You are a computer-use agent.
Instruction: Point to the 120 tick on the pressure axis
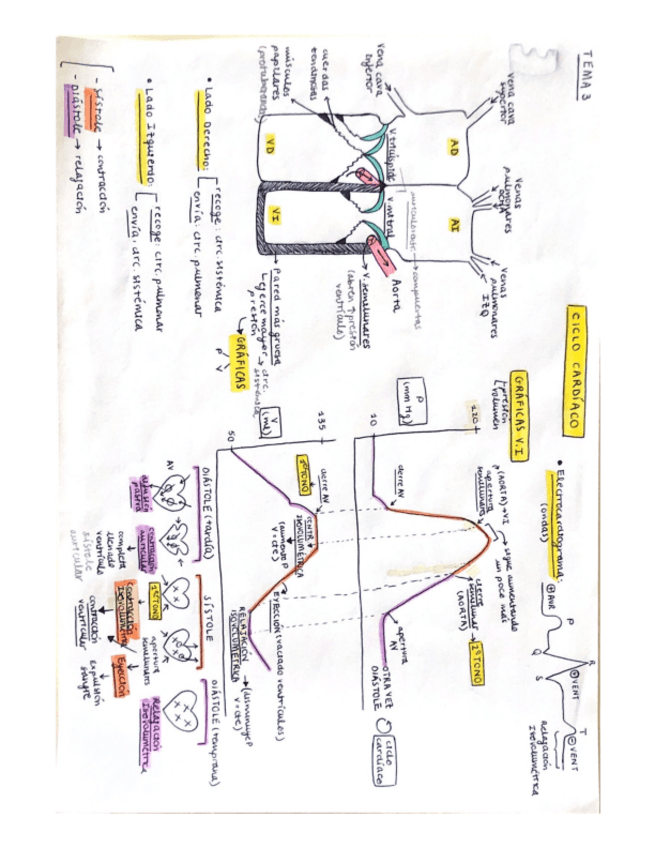click(469, 413)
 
